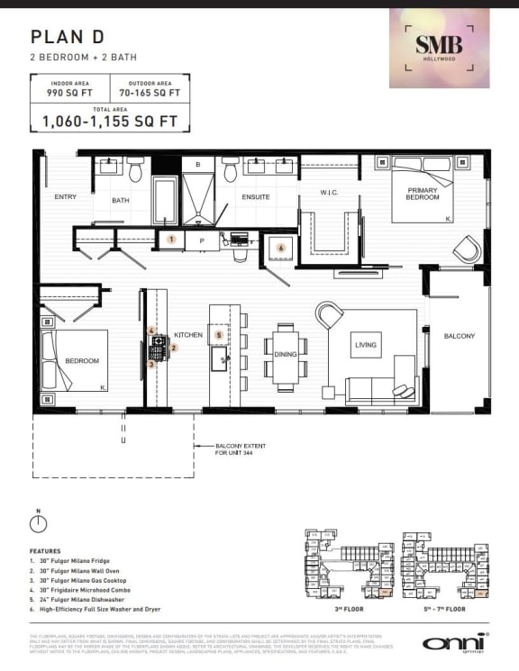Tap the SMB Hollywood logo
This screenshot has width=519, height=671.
tap(439, 48)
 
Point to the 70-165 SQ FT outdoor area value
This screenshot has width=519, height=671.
tap(149, 92)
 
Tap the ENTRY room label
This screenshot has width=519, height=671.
tap(66, 196)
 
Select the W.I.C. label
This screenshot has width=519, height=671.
tap(328, 192)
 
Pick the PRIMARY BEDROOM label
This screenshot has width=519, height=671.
tap(422, 194)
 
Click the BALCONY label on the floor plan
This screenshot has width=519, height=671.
tap(459, 336)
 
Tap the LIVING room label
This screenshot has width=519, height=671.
tap(367, 344)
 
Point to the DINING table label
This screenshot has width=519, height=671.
tap(286, 354)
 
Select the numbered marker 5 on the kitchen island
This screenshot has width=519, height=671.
tap(219, 335)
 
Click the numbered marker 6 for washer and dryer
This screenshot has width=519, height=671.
tap(280, 248)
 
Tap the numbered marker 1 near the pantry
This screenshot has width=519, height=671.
tap(171, 240)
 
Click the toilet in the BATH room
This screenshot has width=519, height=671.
tap(135, 169)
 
